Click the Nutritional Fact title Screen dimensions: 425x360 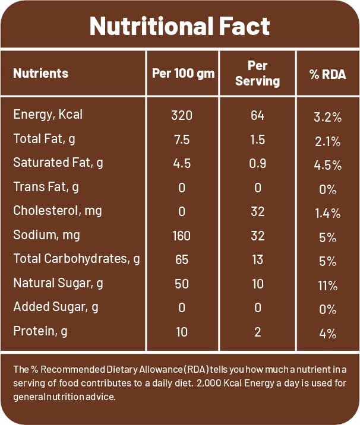click(x=180, y=26)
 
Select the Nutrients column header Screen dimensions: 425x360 click(x=40, y=74)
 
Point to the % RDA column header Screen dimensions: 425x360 click(x=328, y=74)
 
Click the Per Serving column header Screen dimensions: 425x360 click(x=257, y=74)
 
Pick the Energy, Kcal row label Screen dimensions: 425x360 click(x=48, y=115)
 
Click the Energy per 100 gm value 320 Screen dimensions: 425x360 click(x=181, y=115)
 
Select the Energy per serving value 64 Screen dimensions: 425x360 click(x=257, y=115)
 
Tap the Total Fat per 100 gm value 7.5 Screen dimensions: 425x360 click(x=181, y=139)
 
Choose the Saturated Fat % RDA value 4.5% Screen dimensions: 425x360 click(x=328, y=165)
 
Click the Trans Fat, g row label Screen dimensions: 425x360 click(x=46, y=187)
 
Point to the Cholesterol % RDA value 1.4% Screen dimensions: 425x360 click(x=328, y=213)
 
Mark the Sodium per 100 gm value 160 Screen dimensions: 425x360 click(x=181, y=236)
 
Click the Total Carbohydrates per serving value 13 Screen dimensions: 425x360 click(x=257, y=259)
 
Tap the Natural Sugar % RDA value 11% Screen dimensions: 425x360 click(x=328, y=286)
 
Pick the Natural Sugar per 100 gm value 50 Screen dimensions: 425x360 click(x=181, y=284)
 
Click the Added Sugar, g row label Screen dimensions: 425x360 click(x=56, y=307)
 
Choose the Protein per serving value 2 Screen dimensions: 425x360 click(x=257, y=331)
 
